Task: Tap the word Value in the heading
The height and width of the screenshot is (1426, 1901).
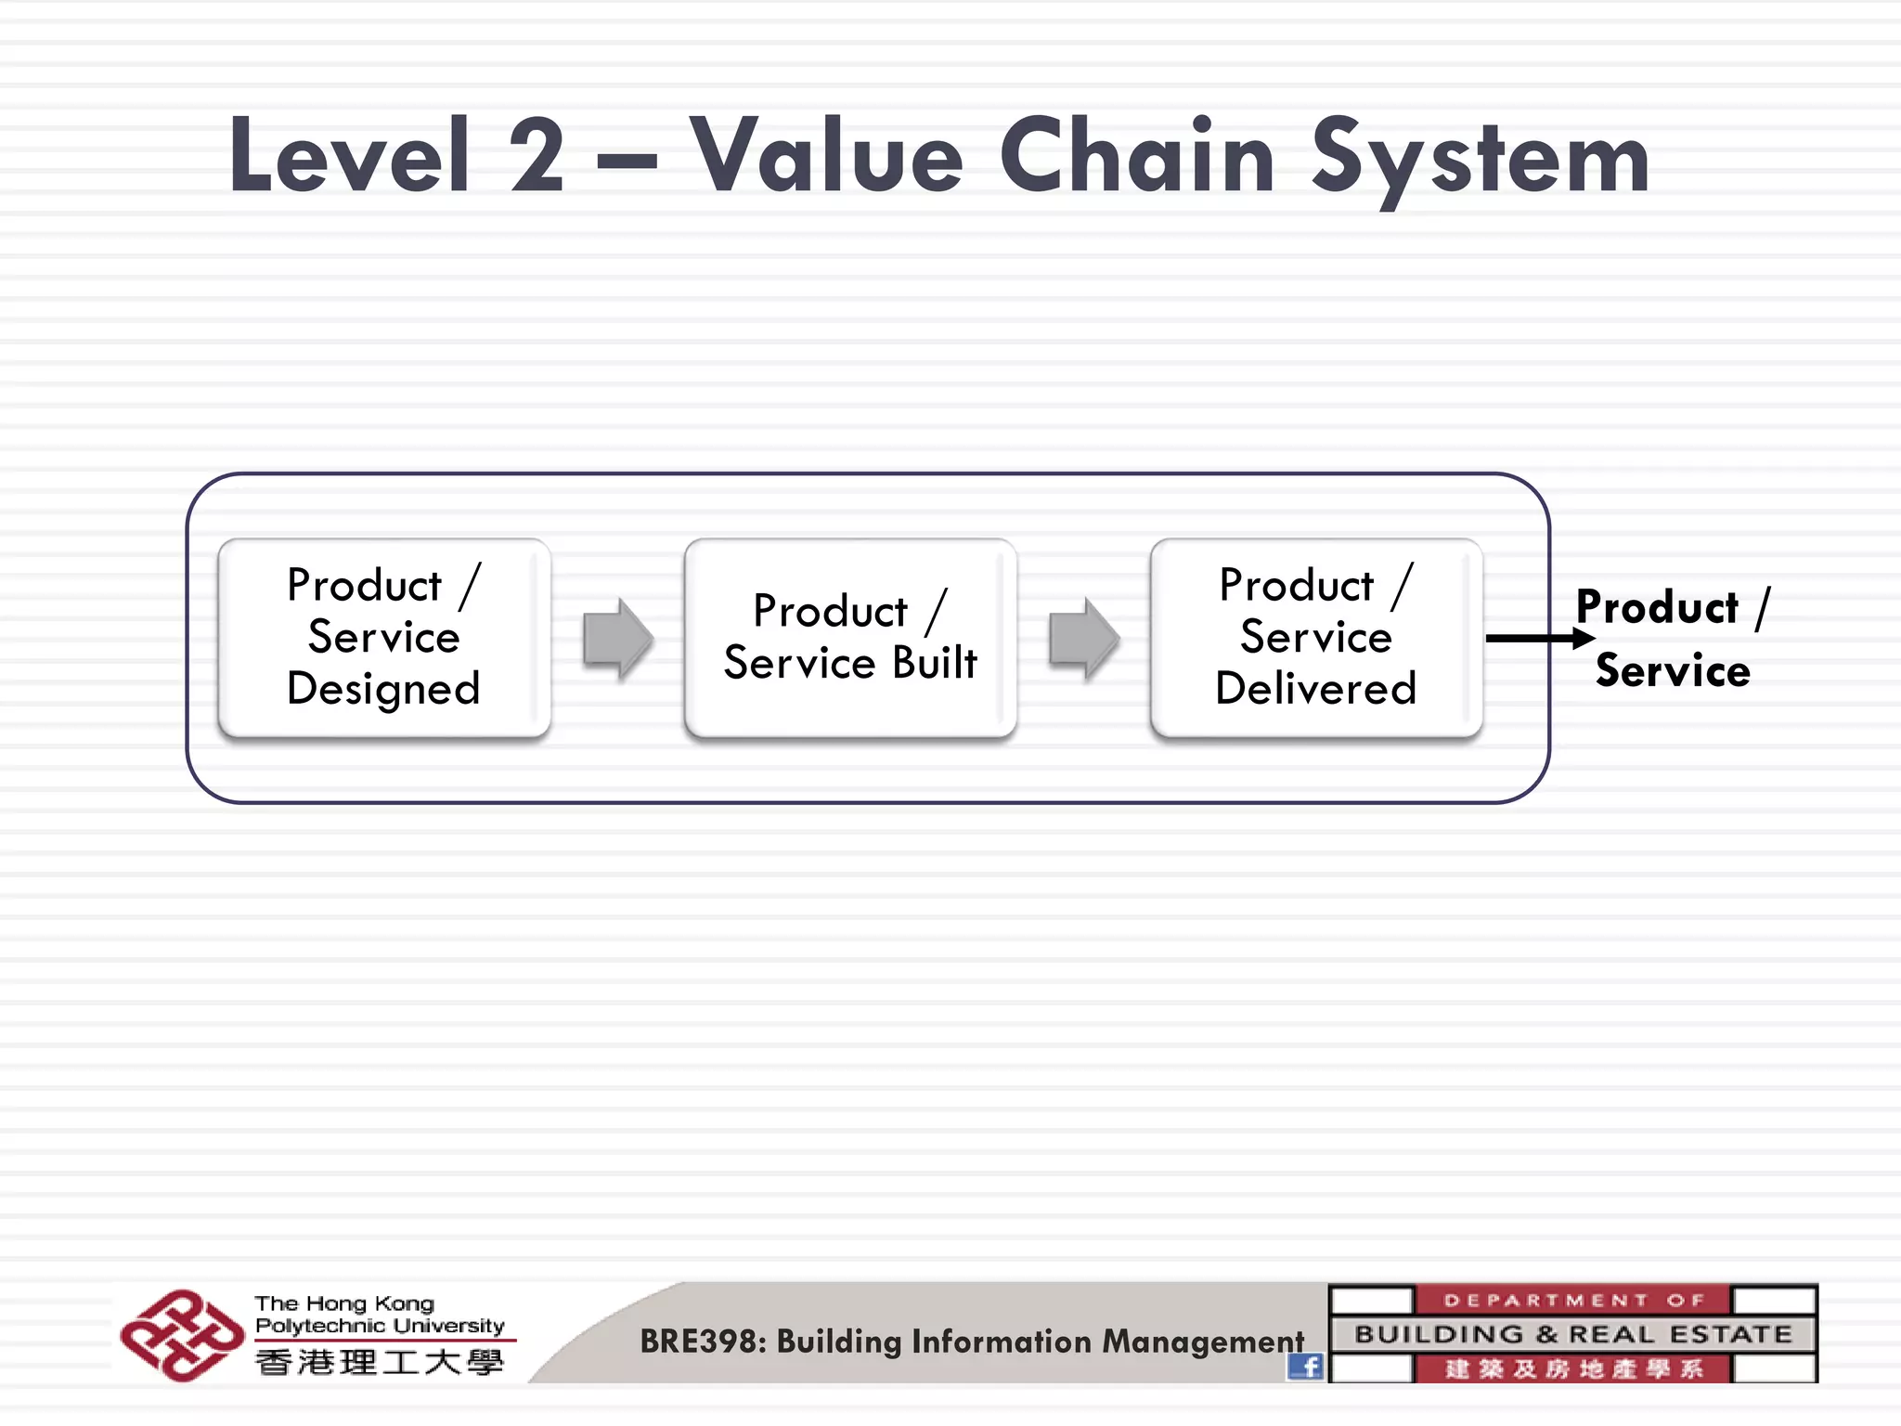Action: click(826, 156)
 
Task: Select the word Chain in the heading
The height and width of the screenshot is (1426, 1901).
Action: click(1137, 156)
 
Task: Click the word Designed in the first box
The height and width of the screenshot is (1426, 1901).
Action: click(383, 689)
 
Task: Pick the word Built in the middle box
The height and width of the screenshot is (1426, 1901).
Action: click(934, 663)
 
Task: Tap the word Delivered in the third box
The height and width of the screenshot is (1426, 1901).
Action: click(1315, 689)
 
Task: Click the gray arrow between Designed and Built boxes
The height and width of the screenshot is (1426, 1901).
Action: click(617, 639)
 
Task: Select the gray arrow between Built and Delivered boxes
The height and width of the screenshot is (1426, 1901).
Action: click(1083, 639)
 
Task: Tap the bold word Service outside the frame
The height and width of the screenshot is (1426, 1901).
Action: click(1673, 670)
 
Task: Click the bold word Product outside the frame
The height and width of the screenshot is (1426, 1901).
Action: click(1657, 607)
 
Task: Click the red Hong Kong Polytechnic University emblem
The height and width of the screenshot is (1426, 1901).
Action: click(181, 1335)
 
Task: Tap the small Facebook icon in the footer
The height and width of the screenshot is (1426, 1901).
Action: click(1305, 1367)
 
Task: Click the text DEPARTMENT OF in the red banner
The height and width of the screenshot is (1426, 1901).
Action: click(1573, 1300)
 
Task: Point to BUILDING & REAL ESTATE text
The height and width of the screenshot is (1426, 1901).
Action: click(1573, 1334)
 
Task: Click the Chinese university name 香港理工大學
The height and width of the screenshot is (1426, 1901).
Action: click(380, 1363)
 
